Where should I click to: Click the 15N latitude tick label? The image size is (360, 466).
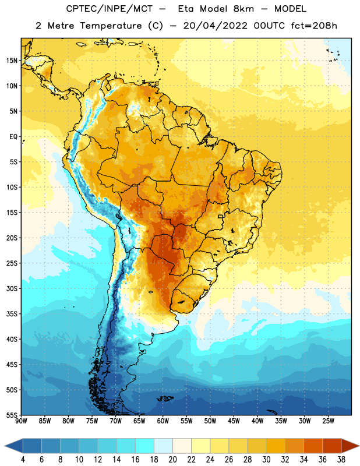coord(12,61)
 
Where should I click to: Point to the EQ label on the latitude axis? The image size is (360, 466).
coord(13,137)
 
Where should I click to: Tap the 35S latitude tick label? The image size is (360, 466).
coord(12,314)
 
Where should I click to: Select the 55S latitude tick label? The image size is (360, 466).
coord(12,415)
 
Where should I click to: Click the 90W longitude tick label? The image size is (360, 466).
coord(21,421)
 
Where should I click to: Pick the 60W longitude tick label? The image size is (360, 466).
coord(163,421)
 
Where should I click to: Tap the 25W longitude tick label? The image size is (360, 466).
coord(328,421)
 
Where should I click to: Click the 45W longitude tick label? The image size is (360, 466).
coord(234,421)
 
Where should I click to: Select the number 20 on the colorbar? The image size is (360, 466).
coord(172,460)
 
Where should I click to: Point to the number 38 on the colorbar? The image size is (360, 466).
coord(341,460)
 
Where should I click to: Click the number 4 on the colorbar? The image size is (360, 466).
coord(23,460)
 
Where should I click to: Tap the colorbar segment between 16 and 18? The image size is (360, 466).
coord(145,446)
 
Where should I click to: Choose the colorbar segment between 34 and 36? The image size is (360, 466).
coord(313,446)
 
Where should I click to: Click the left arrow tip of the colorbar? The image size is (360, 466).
coord(5,446)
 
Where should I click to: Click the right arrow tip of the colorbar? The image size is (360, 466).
coord(359,446)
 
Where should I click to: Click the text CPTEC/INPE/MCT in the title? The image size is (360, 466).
coord(109,9)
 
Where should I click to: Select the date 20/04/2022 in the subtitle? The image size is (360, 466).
coord(215,26)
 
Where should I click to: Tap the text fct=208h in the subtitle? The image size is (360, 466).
coord(314,26)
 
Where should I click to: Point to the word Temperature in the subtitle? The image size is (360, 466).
coord(111,26)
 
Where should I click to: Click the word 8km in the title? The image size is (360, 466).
coord(243,9)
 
